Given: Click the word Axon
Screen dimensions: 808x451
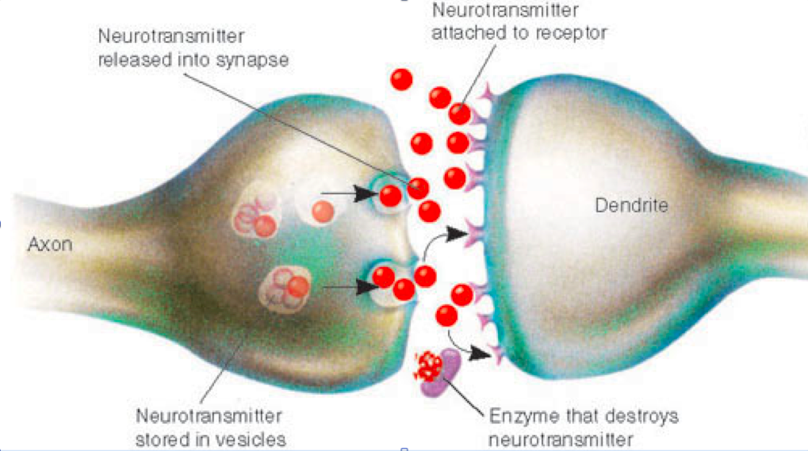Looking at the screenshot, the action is (50, 244).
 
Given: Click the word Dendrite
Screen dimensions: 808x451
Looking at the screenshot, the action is (631, 205).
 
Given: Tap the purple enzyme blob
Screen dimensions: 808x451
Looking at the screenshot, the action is (442, 374).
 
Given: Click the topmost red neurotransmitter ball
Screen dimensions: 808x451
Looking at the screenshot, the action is (401, 80).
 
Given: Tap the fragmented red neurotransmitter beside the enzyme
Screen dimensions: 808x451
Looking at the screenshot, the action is (428, 366).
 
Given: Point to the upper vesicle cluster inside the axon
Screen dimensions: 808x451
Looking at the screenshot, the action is (256, 216).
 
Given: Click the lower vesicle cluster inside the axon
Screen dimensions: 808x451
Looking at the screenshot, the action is (285, 288).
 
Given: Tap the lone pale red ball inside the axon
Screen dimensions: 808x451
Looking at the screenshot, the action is (323, 212).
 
